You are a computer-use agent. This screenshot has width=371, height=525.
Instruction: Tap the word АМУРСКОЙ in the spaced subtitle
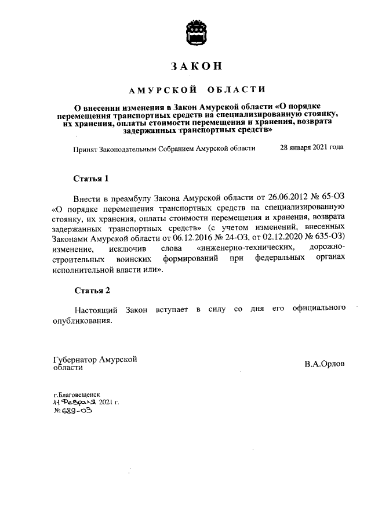coord(157,89)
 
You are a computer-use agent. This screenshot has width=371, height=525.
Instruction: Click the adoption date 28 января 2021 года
coord(311,148)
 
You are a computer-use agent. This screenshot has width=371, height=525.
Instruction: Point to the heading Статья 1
coord(92,178)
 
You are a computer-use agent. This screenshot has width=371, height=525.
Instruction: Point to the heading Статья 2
coord(92,290)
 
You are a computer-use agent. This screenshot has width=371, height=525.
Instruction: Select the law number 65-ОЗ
coord(332,197)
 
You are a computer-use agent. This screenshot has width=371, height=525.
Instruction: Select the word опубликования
coord(82,320)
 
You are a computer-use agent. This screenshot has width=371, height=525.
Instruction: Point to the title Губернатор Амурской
coord(95,359)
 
